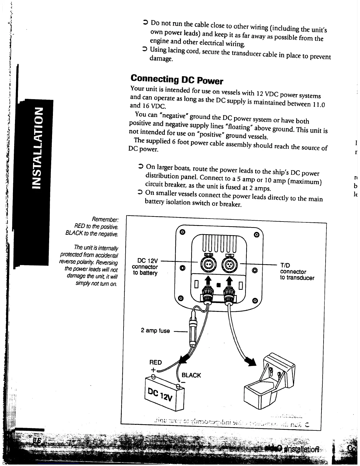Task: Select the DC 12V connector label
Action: (x=145, y=267)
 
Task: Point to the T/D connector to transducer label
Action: (x=297, y=272)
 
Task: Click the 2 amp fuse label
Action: (x=155, y=331)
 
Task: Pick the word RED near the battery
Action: (x=156, y=362)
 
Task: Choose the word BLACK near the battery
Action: (x=191, y=375)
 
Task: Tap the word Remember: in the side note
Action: (x=105, y=219)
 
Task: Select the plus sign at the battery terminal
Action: (x=153, y=370)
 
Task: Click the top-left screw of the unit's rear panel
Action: (x=182, y=232)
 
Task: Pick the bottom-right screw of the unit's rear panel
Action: (x=255, y=300)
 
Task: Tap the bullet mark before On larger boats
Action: (x=141, y=167)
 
